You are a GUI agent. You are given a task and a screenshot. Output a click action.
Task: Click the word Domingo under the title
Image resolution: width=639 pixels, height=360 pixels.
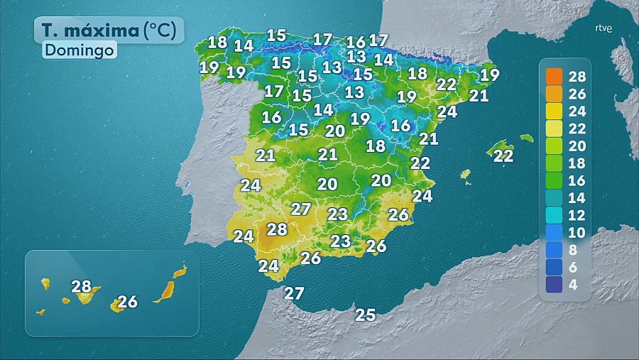tap(79, 50)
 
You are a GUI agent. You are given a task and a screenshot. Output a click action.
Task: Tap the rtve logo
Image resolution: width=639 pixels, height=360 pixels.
tap(603, 29)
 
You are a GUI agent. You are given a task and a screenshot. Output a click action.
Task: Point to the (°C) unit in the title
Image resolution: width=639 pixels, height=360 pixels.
tap(164, 31)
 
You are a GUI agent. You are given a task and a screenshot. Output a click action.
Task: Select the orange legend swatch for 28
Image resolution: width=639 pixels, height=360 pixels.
tap(555, 77)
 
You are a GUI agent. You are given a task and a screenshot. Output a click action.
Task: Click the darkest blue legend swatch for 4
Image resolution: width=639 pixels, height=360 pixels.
tap(555, 285)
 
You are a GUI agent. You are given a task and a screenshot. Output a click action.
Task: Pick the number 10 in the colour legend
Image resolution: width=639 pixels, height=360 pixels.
tap(577, 233)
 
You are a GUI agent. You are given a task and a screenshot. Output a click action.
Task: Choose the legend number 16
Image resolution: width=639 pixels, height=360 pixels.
tap(577, 180)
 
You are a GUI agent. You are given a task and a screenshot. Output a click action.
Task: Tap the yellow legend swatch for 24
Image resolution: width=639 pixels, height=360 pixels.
tap(555, 111)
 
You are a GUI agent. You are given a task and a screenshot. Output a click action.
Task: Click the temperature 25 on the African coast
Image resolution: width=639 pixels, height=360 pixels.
tap(365, 315)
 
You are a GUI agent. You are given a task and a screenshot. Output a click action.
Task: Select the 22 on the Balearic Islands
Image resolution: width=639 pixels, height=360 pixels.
tap(503, 156)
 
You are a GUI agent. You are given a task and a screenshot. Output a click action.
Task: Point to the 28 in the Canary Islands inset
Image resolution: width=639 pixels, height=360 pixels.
tap(82, 287)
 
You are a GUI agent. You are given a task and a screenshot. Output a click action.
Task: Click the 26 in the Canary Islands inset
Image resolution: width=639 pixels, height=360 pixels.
tap(127, 302)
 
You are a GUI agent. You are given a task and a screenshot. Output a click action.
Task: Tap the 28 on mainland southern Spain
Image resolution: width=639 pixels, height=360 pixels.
tap(276, 229)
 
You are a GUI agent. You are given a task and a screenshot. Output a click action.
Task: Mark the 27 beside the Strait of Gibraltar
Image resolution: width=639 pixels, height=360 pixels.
tap(294, 293)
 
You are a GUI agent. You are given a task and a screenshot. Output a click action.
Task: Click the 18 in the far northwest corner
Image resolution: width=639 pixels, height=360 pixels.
tap(217, 42)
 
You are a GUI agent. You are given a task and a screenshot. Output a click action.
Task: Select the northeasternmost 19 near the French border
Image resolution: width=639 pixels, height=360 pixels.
tap(489, 75)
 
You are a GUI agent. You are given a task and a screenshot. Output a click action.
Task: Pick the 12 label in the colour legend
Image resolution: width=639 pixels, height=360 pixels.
tap(577, 215)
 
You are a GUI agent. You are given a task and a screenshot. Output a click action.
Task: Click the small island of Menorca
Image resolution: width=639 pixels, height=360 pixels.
tap(526, 138)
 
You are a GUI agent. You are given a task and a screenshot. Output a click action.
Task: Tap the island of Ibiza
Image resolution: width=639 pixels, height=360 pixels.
tap(466, 174)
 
